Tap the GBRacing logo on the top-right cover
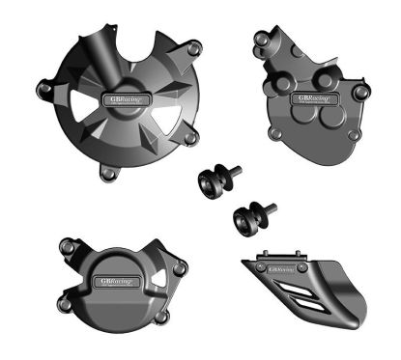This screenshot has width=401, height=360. [313, 98]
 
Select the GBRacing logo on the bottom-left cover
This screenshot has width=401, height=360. [118, 281]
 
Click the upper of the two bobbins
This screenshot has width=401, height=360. [209, 180]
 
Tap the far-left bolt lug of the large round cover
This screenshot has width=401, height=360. [44, 91]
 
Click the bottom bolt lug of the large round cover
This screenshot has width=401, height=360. [110, 174]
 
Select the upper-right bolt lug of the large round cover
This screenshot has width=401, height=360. [195, 47]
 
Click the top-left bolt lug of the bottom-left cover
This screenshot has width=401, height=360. [67, 250]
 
